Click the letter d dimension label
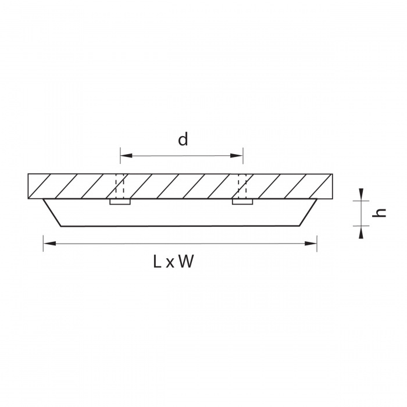(183, 140)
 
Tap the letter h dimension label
(379, 213)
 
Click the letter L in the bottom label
(158, 261)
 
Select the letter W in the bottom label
(187, 261)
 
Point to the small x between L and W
(170, 263)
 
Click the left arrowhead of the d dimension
(126, 156)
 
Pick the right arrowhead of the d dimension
(237, 156)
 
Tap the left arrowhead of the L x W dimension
(49, 244)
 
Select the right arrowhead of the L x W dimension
(310, 244)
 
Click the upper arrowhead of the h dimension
(361, 194)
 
